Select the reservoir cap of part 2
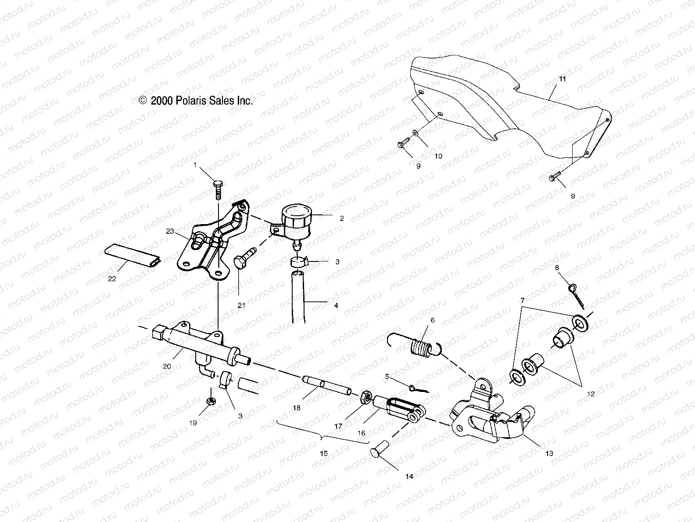tap(295, 212)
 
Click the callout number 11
tap(562, 79)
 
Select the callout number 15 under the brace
tap(323, 453)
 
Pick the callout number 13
tap(549, 453)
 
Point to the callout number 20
tap(166, 366)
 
